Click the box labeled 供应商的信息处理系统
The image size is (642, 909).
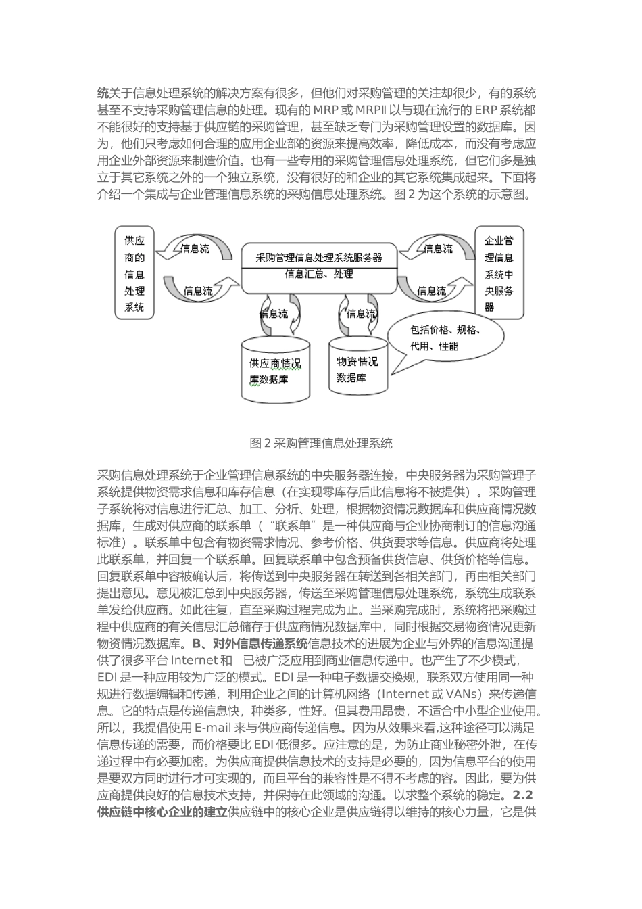click(134, 273)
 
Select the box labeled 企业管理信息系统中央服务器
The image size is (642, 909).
click(499, 273)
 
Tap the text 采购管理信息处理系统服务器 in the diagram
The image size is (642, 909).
click(319, 258)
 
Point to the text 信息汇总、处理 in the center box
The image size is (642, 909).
click(319, 274)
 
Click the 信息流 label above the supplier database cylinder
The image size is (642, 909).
click(274, 314)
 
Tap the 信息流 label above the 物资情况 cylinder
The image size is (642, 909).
click(360, 314)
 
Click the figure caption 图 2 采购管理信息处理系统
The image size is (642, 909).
click(320, 444)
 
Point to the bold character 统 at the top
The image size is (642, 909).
click(103, 93)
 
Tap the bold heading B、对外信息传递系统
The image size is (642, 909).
click(250, 643)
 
